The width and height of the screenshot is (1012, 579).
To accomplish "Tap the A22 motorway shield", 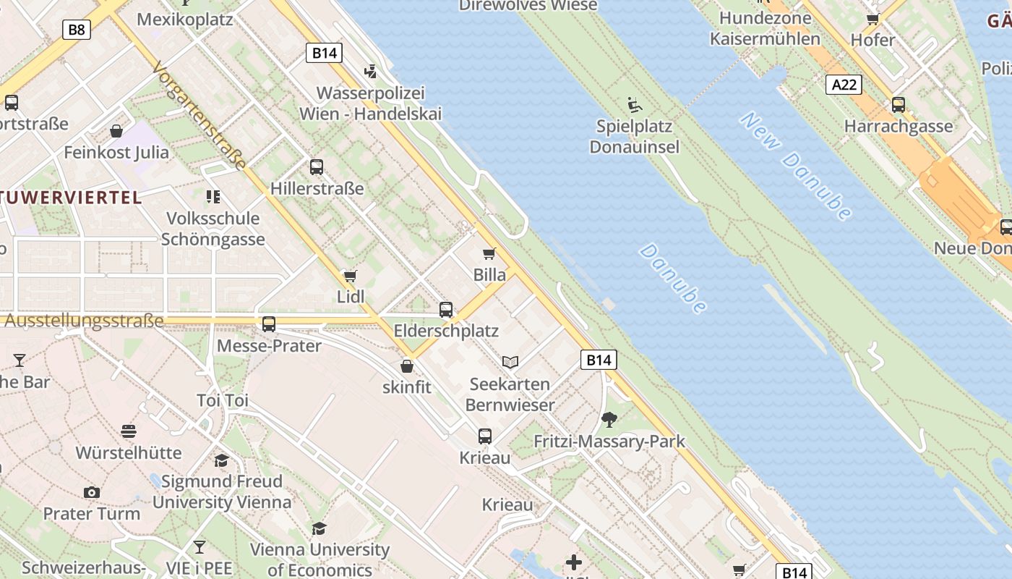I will [844, 85].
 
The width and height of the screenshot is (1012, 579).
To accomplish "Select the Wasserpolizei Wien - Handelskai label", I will [370, 103].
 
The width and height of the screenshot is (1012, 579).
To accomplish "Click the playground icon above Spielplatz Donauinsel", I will [635, 106].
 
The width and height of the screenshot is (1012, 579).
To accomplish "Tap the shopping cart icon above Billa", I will [489, 254].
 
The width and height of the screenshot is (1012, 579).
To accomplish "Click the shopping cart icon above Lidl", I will [351, 276].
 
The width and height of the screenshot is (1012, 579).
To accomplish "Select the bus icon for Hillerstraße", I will [317, 167].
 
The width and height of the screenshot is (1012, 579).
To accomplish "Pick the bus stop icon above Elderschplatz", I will [446, 310].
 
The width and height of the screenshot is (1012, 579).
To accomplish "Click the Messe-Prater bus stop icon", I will [269, 324].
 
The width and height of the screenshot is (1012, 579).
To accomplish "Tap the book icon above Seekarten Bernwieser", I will [510, 362].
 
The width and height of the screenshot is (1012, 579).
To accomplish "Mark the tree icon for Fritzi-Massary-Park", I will [609, 419].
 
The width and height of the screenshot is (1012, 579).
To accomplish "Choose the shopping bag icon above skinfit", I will [407, 366].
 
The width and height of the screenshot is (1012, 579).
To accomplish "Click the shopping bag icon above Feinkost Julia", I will [116, 131].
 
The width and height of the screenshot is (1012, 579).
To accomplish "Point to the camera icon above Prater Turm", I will [91, 492].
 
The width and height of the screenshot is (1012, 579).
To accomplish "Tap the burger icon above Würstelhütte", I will [129, 431].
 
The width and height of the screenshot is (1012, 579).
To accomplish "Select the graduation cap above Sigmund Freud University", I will [221, 460].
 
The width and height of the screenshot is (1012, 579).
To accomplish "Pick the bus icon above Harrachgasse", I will [899, 105].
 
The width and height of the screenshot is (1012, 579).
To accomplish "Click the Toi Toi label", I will [223, 400].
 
